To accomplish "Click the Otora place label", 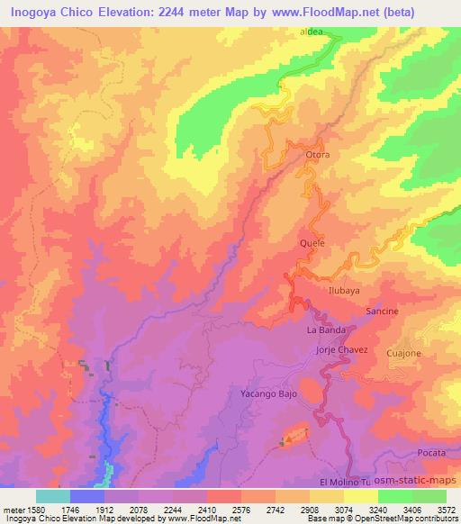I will pyautogui.click(x=318, y=155).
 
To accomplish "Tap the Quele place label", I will pyautogui.click(x=311, y=243).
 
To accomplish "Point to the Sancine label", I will pyautogui.click(x=382, y=311).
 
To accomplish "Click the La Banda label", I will pyautogui.click(x=325, y=330).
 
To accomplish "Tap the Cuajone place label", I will pyautogui.click(x=404, y=354).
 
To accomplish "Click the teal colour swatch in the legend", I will pyautogui.click(x=53, y=495).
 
